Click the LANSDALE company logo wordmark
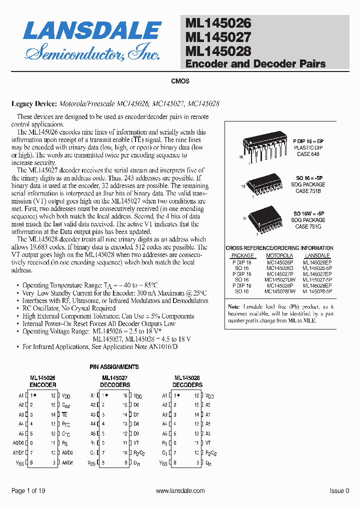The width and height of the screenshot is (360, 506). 92,31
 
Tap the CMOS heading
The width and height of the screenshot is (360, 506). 180,81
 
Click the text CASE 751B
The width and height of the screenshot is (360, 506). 308,191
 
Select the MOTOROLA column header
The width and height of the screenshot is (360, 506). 279,255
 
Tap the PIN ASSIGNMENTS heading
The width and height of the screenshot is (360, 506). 114,367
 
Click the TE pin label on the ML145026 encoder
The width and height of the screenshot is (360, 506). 64,414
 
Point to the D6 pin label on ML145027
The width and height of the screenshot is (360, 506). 136,405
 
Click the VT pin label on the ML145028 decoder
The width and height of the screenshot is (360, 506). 208,443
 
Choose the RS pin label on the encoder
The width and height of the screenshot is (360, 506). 65,443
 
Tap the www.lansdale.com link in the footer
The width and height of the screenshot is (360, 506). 180,491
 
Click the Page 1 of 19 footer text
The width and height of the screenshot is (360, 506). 28,491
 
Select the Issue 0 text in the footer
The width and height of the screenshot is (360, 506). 339,491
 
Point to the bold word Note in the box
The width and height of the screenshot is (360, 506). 233,306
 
